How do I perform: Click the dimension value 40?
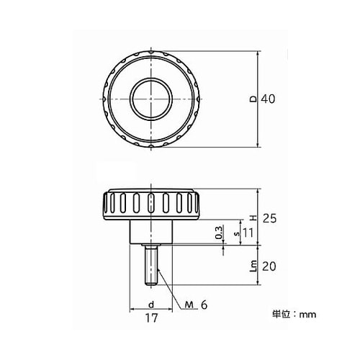point(269,99)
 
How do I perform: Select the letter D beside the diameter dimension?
point(252,99)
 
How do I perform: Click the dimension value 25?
point(269,217)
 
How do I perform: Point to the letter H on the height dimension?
point(252,217)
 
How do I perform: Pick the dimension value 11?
point(248,233)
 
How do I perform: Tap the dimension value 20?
point(269,266)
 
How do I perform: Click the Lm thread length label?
point(252,266)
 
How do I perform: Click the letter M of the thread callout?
point(189,305)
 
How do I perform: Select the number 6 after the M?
point(204,305)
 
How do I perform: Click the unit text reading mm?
point(308,315)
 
